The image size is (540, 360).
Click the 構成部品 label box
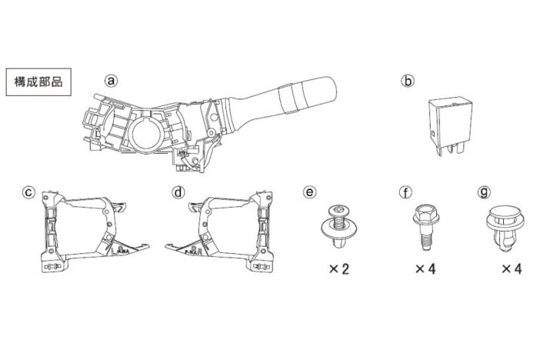[38, 81]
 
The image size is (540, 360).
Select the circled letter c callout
[28, 192]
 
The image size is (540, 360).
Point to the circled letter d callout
[178, 192]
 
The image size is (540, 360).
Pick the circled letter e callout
[309, 192]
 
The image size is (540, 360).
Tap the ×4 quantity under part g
[512, 269]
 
